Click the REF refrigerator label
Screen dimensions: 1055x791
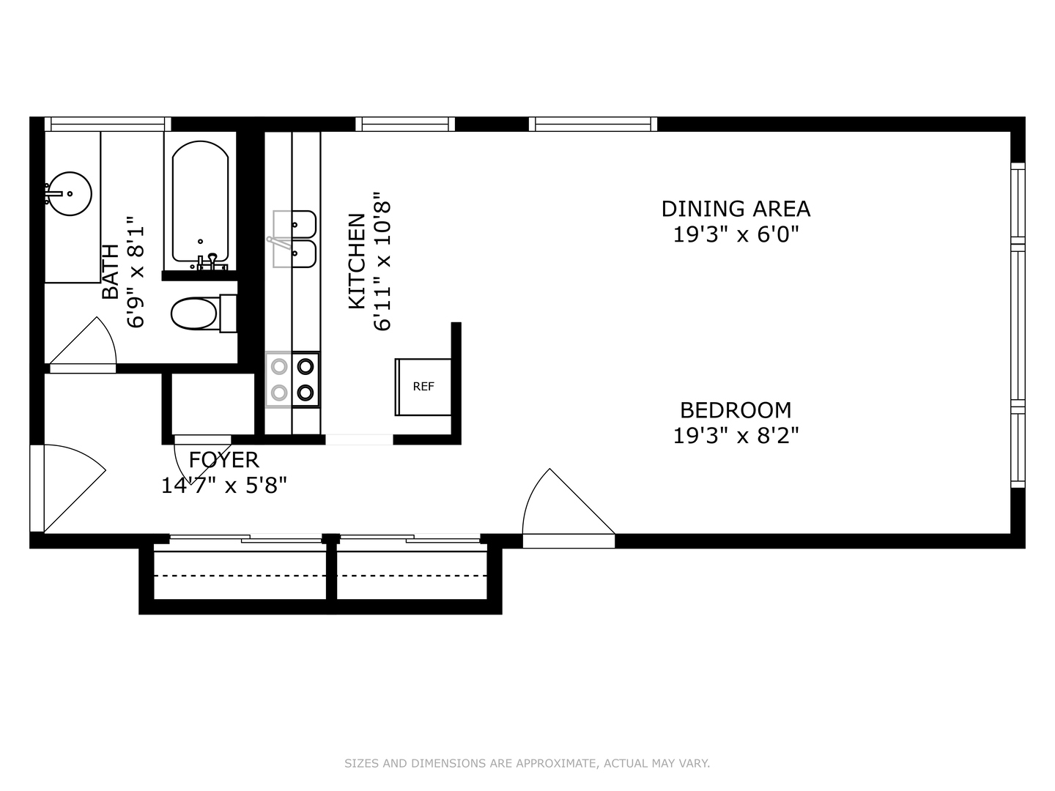coord(423,387)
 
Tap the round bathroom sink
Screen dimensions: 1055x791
coord(70,193)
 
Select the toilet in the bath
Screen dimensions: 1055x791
coord(204,313)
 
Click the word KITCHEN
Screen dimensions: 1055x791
coord(357,261)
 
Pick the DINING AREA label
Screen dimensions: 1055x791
coord(736,209)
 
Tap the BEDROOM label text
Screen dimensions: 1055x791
coord(736,410)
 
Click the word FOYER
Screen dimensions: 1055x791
coord(224,460)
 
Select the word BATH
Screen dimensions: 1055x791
coord(111,272)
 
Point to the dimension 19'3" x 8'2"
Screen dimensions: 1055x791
coord(736,436)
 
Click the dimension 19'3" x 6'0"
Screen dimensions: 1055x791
coord(736,235)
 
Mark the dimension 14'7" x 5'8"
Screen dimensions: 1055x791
coord(224,486)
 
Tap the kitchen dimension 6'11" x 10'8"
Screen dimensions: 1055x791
coord(382,261)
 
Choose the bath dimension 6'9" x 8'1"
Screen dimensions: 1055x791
coord(136,272)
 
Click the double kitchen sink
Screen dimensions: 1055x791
coord(294,239)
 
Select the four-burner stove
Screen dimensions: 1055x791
coord(292,380)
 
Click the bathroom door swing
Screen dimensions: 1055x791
coord(83,341)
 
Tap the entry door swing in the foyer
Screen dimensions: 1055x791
coord(75,489)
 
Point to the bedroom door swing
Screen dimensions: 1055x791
coord(568,501)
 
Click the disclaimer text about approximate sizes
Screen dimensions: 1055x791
coord(527,763)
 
